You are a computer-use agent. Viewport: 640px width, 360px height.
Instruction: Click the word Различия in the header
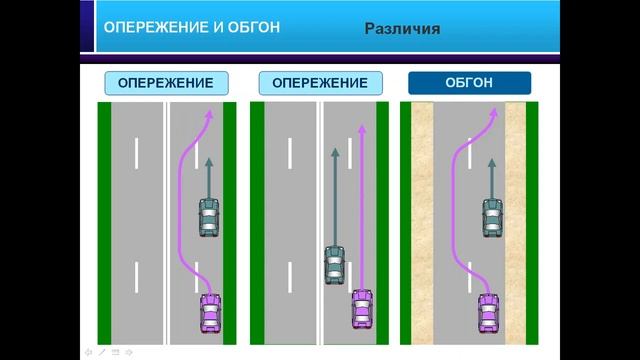pos(402,29)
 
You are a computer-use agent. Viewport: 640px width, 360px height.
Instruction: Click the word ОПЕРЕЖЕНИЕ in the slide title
pos(142,29)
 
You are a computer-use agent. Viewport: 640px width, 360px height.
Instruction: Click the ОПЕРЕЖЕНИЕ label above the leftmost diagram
pos(165,82)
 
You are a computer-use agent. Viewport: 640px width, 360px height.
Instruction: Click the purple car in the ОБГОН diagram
pos(489,313)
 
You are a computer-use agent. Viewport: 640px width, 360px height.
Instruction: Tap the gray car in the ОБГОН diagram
pos(491,217)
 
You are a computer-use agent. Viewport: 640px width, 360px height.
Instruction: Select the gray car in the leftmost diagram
pos(208,217)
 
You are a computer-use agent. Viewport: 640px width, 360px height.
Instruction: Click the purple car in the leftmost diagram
pos(209,313)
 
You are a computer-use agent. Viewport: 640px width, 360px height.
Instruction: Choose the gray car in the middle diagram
pos(335,265)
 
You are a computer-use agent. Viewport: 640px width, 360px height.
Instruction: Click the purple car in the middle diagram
pos(363,309)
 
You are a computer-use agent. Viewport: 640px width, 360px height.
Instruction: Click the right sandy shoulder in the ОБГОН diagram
pos(515,220)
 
